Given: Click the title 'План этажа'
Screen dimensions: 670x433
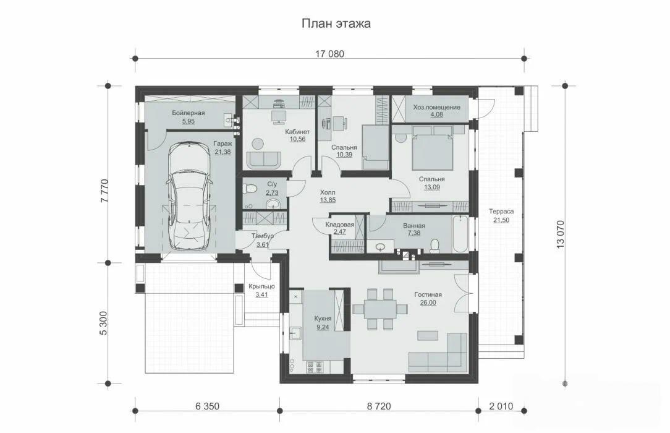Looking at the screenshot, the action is click(x=336, y=23).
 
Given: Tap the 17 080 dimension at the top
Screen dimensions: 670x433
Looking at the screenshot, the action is click(x=329, y=54).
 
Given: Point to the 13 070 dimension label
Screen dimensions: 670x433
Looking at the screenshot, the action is click(x=561, y=234).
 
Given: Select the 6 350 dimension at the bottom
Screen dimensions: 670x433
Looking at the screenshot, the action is click(x=207, y=406).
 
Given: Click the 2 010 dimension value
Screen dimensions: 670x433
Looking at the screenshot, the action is click(x=501, y=406).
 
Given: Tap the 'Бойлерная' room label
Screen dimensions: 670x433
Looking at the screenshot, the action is click(x=189, y=113).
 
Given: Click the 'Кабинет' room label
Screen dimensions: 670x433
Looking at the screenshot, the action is click(x=297, y=132).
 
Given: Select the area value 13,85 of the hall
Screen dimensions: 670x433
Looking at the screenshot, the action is click(x=328, y=200).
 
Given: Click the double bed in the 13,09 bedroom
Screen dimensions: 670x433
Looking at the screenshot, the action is click(x=432, y=152).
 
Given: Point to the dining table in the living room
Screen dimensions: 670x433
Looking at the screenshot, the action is click(x=380, y=309).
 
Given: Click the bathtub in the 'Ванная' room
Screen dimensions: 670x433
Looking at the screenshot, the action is click(x=460, y=234).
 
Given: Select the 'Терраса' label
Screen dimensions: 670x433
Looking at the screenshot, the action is click(x=501, y=211).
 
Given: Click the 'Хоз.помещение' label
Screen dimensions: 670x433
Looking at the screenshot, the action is click(x=437, y=107).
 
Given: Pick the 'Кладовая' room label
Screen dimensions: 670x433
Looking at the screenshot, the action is click(x=340, y=225).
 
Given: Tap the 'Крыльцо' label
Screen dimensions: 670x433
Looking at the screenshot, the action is click(x=261, y=286).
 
